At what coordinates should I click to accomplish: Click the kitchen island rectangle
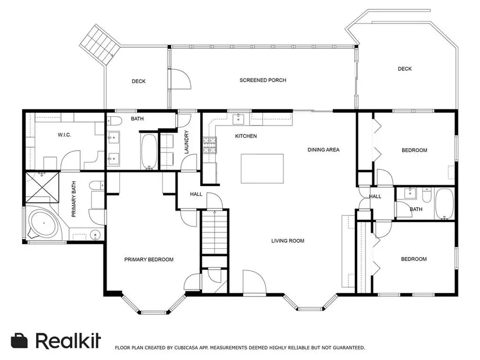[262, 169]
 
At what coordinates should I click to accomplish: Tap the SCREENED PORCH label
[263, 80]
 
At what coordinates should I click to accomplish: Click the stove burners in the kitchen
[209, 145]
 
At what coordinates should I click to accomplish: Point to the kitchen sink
[238, 119]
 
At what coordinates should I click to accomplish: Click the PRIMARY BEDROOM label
[149, 259]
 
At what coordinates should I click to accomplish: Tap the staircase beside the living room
[215, 231]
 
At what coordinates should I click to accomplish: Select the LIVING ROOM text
[288, 241]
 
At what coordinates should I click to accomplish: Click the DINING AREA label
[323, 149]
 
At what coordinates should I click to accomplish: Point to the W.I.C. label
[64, 135]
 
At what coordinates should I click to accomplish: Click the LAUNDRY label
[186, 142]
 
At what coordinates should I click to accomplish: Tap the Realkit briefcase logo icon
[19, 340]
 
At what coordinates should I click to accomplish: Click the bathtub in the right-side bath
[445, 204]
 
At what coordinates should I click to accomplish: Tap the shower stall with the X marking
[42, 187]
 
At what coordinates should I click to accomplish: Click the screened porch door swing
[181, 79]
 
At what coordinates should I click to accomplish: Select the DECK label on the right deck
[405, 69]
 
